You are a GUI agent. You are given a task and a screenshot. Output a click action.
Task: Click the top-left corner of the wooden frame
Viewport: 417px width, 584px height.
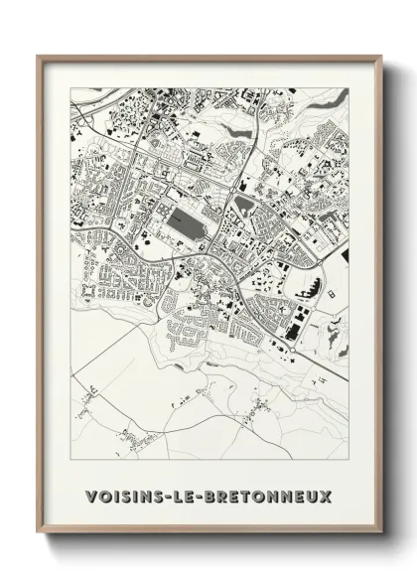pos(39,57)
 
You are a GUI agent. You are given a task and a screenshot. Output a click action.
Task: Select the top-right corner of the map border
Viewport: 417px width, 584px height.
pos(347,88)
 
